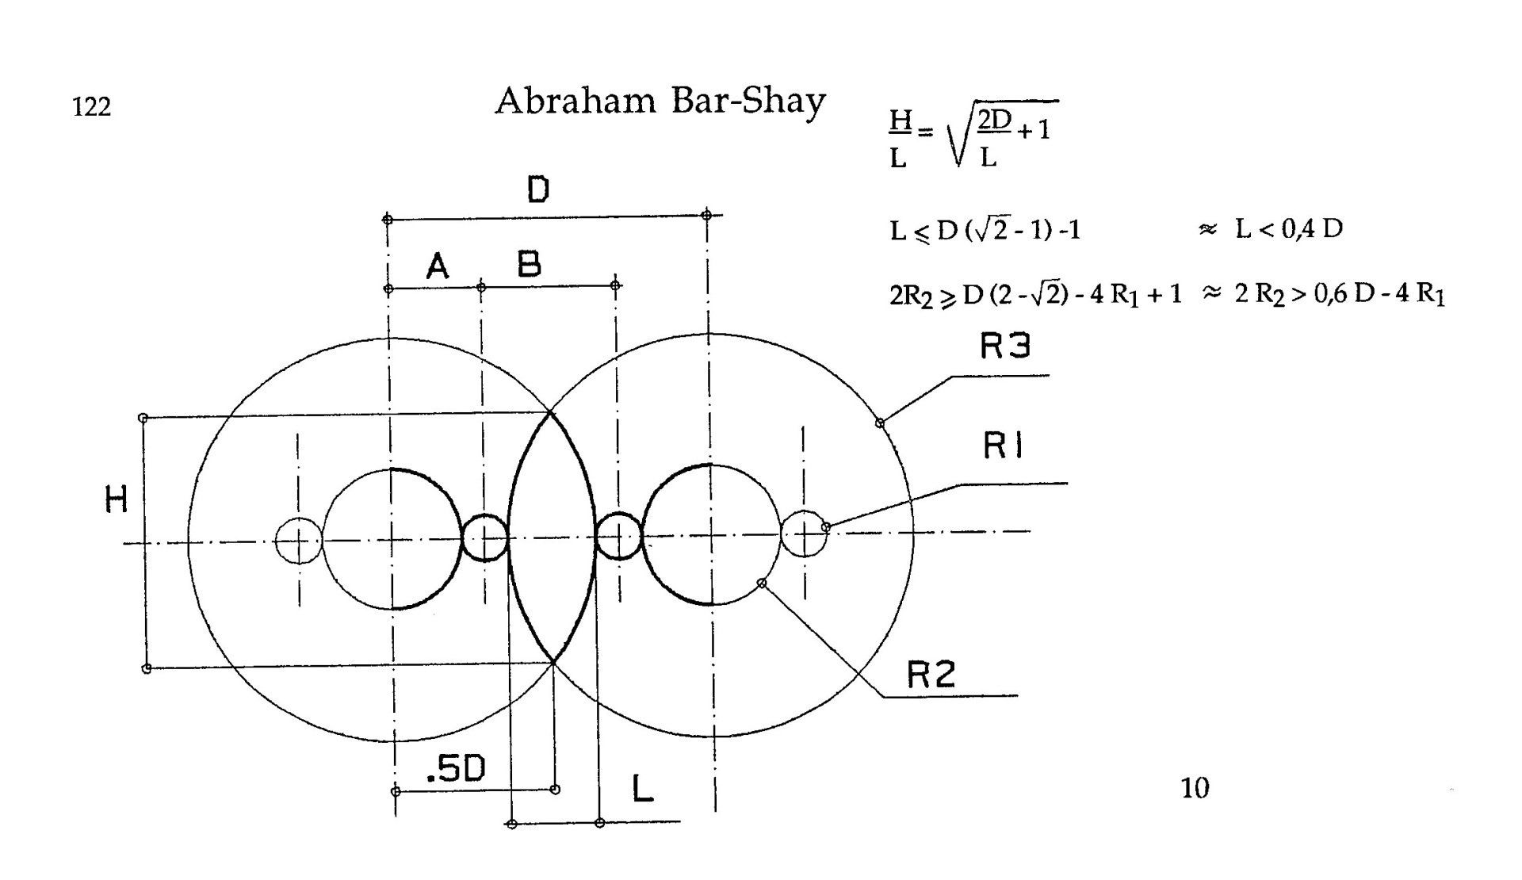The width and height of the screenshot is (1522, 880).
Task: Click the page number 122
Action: [x=91, y=106]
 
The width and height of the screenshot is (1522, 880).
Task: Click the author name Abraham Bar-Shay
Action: [x=660, y=101]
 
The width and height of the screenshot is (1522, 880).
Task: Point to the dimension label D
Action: [x=538, y=189]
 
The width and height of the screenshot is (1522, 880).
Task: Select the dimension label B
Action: [x=530, y=263]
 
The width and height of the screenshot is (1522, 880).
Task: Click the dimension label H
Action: [x=117, y=500]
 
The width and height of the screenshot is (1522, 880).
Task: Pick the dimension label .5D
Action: [x=456, y=769]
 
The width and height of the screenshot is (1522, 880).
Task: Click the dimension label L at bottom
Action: [x=643, y=788]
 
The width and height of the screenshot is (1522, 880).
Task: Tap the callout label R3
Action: [x=1005, y=346]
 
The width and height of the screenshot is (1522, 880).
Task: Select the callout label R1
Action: [x=1004, y=447]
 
